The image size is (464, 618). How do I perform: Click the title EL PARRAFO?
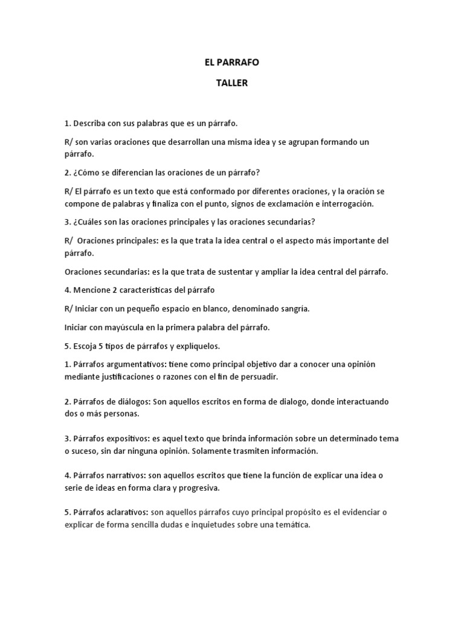pos(232,62)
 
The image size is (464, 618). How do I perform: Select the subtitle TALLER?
pos(232,84)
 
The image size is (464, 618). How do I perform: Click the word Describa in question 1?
pos(91,124)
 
